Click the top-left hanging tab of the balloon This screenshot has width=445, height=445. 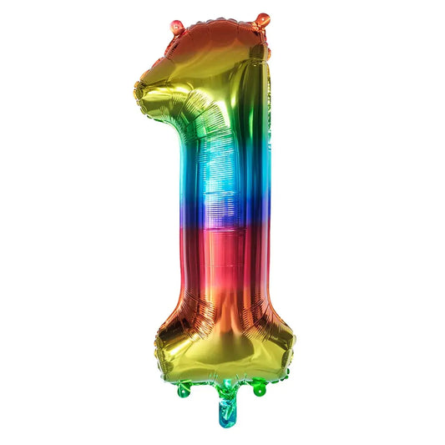177,27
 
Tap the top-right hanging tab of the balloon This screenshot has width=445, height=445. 262,19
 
